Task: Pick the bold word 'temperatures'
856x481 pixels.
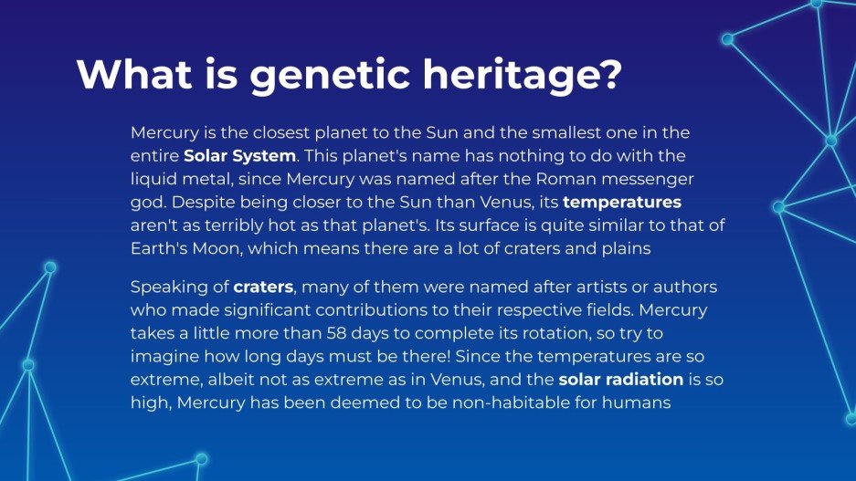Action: (x=622, y=201)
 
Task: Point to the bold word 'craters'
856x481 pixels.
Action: (x=263, y=288)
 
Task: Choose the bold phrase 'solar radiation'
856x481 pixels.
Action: (x=620, y=379)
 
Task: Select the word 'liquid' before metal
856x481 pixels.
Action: (x=153, y=178)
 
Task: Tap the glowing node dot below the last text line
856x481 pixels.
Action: (x=202, y=458)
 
